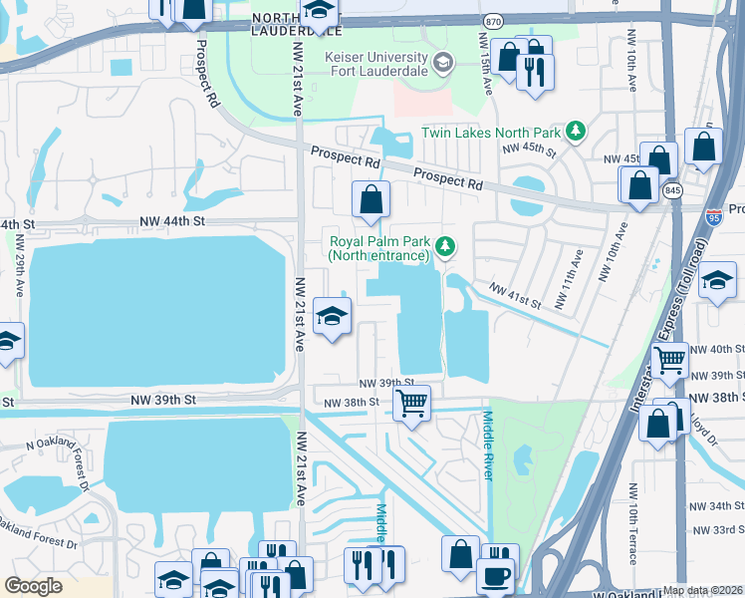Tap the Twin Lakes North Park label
click(x=490, y=132)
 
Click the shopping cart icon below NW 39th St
click(x=410, y=403)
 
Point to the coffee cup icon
click(x=494, y=575)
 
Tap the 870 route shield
click(x=492, y=20)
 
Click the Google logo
click(x=33, y=586)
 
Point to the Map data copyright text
click(x=702, y=590)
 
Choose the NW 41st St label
click(x=515, y=296)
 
